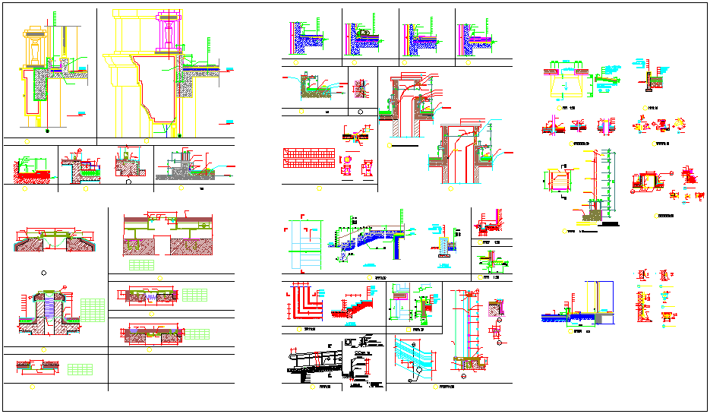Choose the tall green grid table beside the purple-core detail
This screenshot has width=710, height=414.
pos(92,311)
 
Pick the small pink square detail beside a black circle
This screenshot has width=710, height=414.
pos(359,83)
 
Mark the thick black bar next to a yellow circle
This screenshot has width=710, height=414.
pos(402,143)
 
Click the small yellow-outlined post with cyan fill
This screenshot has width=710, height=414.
pos(443,245)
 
